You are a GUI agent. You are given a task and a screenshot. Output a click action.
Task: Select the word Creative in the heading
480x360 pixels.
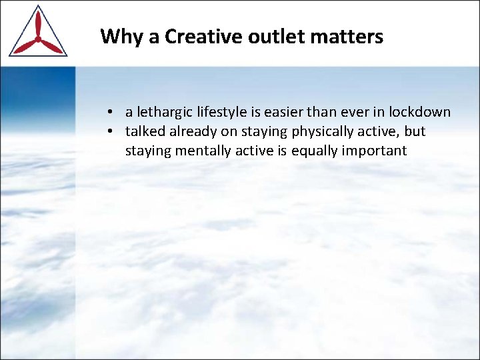203,37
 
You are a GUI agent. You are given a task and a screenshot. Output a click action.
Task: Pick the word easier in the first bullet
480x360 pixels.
287,112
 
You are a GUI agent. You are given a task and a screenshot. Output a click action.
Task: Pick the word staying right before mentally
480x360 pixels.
148,151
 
